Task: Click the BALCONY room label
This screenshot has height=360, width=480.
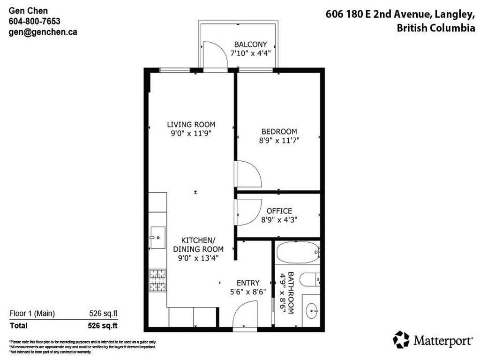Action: click(250, 45)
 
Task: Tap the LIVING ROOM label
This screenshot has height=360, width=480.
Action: click(191, 124)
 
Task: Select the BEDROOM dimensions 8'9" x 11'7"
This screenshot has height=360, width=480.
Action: click(279, 140)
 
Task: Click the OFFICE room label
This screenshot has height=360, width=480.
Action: click(279, 211)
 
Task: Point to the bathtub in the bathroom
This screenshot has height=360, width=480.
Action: click(297, 254)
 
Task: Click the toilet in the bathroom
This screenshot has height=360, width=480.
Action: click(310, 279)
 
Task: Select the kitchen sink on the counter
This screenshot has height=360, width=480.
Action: click(158, 238)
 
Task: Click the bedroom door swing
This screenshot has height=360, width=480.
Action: click(247, 173)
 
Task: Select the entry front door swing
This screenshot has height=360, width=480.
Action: click(245, 315)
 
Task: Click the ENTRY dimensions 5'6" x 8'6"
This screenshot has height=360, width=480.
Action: click(248, 291)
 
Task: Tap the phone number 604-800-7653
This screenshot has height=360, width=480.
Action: click(35, 21)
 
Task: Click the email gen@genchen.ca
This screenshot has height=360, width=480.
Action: click(43, 32)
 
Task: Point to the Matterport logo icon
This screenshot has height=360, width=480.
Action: click(401, 339)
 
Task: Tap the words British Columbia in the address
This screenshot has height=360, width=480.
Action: click(435, 28)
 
